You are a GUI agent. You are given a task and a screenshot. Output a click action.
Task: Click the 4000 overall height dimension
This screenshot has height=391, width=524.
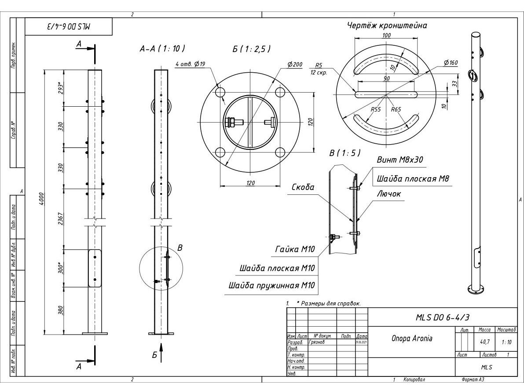(x=41, y=201)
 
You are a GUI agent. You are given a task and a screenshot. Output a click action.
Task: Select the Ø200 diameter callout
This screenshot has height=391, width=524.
(x=294, y=64)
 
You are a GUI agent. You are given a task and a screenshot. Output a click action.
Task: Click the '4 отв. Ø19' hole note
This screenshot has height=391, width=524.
(x=190, y=63)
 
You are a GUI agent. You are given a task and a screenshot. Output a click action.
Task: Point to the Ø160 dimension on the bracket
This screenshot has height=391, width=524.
(x=451, y=63)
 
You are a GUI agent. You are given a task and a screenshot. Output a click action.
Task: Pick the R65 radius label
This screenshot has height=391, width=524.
(x=396, y=109)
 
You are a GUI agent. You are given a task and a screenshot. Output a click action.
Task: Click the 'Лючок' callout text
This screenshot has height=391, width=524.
(x=388, y=193)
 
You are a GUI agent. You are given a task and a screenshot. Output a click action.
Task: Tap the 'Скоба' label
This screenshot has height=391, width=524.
(x=303, y=187)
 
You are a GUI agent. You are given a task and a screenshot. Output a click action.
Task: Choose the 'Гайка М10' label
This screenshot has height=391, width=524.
(x=295, y=249)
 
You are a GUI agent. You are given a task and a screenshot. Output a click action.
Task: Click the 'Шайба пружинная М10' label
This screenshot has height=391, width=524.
(x=272, y=285)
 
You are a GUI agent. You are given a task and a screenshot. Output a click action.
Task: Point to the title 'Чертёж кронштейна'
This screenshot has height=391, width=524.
(x=387, y=26)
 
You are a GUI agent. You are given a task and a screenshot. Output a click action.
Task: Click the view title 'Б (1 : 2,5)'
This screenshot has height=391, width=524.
(x=251, y=48)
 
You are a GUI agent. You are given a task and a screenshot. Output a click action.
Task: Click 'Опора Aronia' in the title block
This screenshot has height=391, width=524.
(x=411, y=339)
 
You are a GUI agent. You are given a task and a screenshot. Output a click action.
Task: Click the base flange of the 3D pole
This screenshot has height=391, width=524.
(x=474, y=289)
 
